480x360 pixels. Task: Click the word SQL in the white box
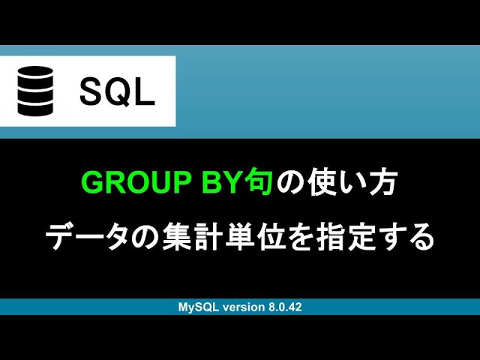[x=117, y=91]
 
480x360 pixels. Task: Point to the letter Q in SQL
[x=117, y=91]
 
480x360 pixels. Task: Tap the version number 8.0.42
[x=283, y=307]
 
